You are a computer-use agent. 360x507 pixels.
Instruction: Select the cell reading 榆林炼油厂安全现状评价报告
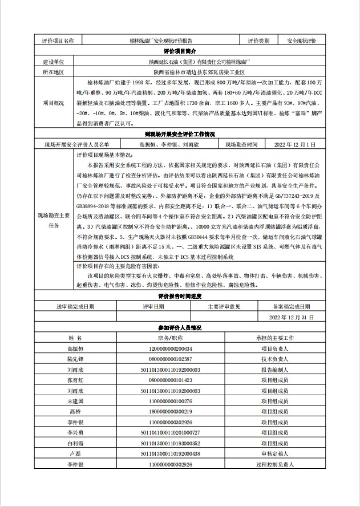(x=161, y=41)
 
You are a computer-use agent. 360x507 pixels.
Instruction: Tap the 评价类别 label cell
(x=262, y=41)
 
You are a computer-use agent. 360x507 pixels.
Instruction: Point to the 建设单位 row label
(x=54, y=62)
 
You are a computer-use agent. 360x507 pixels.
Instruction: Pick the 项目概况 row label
(x=54, y=103)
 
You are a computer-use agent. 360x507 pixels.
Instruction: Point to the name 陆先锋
(x=76, y=359)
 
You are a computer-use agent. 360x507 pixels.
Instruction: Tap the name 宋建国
(x=76, y=401)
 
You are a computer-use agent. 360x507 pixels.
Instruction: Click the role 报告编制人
(x=274, y=370)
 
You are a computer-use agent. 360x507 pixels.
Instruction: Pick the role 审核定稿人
(x=274, y=453)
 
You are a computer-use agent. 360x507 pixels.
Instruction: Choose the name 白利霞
(x=76, y=443)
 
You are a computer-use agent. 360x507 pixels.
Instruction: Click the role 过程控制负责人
(x=274, y=465)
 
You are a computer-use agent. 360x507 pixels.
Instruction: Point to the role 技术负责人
(x=274, y=359)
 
